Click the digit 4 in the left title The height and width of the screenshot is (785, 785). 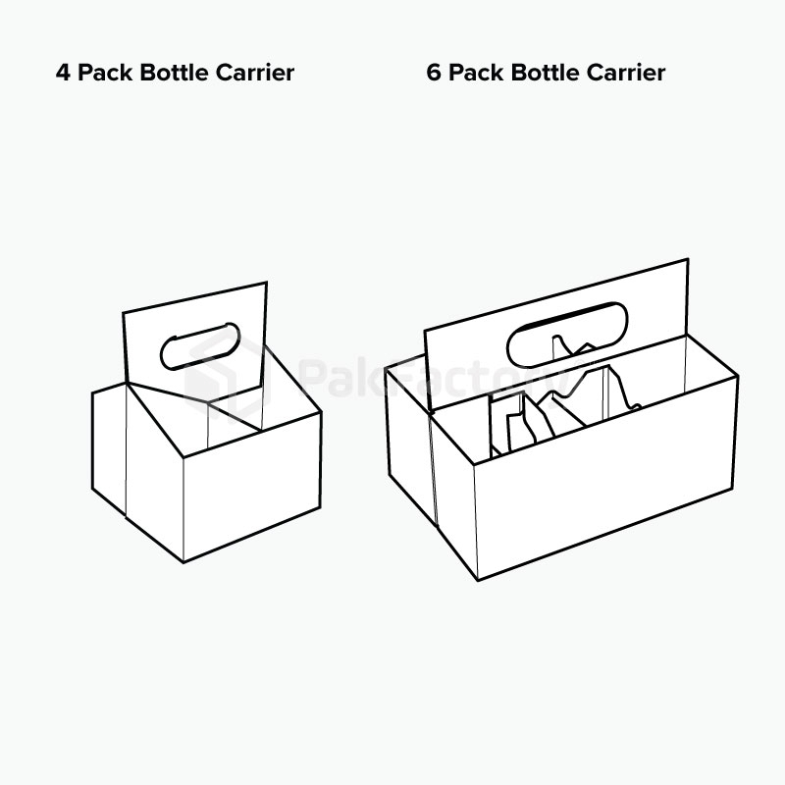point(63,73)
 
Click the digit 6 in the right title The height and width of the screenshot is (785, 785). point(434,73)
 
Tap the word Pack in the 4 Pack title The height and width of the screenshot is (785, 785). point(105,73)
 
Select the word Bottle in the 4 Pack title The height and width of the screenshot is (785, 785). point(174,73)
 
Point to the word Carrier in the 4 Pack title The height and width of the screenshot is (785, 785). point(255,73)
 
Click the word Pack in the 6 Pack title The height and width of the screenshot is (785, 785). point(476,73)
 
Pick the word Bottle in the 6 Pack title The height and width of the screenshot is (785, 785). point(545,73)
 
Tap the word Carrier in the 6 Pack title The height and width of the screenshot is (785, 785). point(626,73)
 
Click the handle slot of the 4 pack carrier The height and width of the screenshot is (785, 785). point(200,346)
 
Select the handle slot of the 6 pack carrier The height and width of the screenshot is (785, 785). point(567,334)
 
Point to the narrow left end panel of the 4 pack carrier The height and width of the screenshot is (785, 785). point(109,447)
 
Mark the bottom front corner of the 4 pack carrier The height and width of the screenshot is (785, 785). point(183,562)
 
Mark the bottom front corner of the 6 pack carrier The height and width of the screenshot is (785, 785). point(478,580)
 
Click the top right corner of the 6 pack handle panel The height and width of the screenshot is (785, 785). point(688,259)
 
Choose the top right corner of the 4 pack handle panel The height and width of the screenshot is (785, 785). point(266,282)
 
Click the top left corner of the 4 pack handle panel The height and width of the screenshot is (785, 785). point(124,313)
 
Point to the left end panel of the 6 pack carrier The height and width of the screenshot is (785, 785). point(410,441)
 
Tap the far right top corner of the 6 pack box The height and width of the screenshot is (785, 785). point(738,375)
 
